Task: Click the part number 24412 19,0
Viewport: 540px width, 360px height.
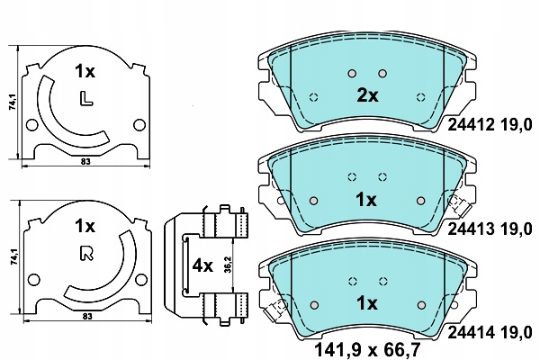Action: pyautogui.click(x=490, y=125)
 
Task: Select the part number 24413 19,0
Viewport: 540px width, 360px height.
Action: pyautogui.click(x=490, y=229)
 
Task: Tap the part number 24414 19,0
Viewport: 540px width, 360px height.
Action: pyautogui.click(x=490, y=333)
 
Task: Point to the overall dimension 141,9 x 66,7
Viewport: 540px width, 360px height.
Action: pyautogui.click(x=367, y=350)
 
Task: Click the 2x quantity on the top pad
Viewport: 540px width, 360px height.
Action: pyautogui.click(x=367, y=95)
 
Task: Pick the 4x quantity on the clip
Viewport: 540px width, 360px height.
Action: pyautogui.click(x=202, y=265)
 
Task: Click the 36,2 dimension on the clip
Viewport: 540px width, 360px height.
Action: pyautogui.click(x=228, y=265)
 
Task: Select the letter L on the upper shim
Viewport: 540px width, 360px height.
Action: pyautogui.click(x=86, y=98)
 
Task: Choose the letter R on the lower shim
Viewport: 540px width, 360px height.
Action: pyautogui.click(x=86, y=254)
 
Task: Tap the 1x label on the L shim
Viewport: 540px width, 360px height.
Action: pyautogui.click(x=85, y=72)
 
